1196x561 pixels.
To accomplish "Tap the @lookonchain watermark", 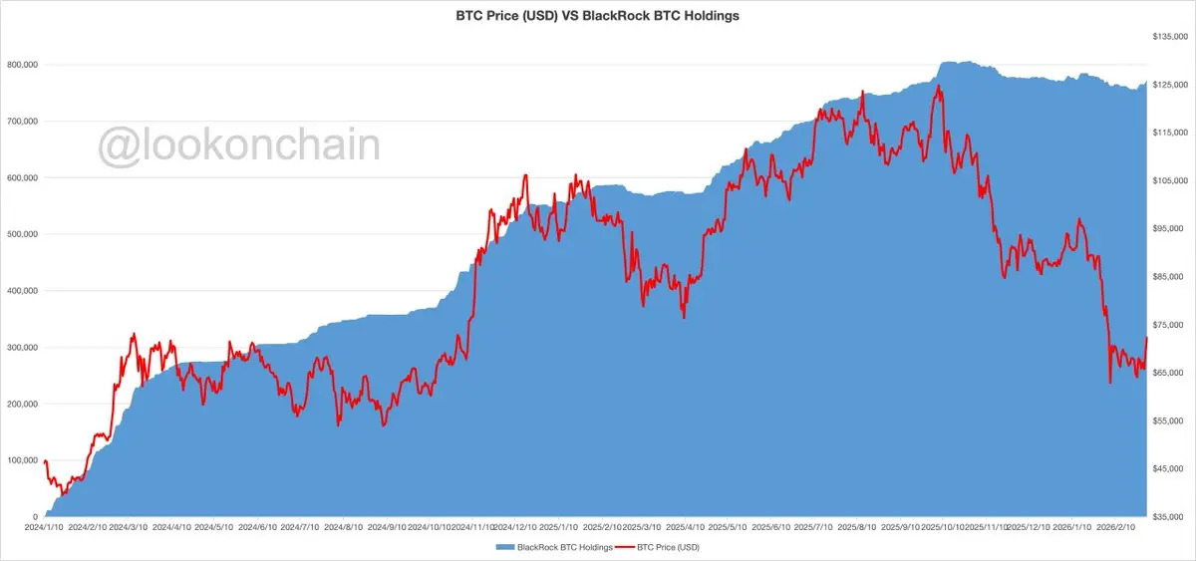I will (x=238, y=145).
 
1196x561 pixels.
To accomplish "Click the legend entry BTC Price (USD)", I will (x=664, y=547).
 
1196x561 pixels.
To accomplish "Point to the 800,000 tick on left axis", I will (x=22, y=65).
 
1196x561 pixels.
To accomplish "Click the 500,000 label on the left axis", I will (x=22, y=234).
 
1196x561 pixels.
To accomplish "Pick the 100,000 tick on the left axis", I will (x=22, y=460).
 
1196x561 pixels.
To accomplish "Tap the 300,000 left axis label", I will (x=22, y=348).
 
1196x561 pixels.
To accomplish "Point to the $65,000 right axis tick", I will (x=1169, y=373).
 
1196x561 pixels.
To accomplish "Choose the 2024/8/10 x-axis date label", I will (x=344, y=527).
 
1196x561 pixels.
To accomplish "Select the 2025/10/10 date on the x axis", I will (x=942, y=527).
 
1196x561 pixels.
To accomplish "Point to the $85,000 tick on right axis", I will (x=1169, y=277).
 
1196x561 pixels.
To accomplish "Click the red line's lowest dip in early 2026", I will (x=1110, y=383).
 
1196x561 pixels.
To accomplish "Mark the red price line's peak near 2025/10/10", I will (x=938, y=86).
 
